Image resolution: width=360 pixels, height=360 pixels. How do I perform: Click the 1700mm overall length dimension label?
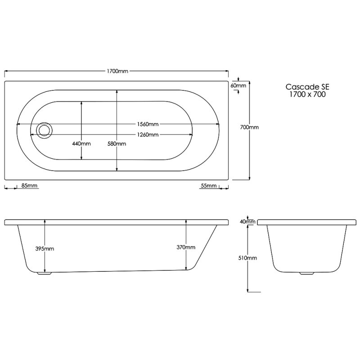[x=117, y=71]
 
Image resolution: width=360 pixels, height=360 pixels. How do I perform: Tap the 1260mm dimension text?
[x=148, y=135]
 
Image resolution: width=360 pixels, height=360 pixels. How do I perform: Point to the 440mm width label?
[x=81, y=144]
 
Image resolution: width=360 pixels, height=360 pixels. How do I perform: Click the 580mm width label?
[x=117, y=144]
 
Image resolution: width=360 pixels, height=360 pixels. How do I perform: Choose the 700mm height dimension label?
[x=249, y=127]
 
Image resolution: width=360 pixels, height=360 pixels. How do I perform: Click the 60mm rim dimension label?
[x=238, y=85]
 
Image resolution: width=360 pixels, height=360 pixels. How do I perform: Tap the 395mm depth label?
[x=45, y=248]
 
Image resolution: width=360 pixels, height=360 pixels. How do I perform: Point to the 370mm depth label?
[x=186, y=247]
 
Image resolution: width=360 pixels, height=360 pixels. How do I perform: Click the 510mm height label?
[x=248, y=258]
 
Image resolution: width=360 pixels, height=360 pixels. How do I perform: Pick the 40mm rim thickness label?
[x=247, y=221]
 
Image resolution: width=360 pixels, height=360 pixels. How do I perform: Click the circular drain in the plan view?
[x=45, y=130]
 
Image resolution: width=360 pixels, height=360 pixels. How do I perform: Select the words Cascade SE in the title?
[x=304, y=87]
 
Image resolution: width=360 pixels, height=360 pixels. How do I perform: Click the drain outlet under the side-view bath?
[x=44, y=273]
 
